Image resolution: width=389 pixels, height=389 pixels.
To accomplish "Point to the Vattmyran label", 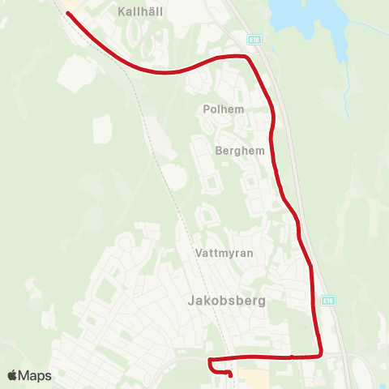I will point(224,253).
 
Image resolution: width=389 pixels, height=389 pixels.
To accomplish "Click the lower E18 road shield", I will point(327,301).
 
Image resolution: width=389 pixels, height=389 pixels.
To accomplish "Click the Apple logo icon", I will point(12,375).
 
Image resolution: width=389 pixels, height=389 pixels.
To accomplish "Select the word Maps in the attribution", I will point(35,375).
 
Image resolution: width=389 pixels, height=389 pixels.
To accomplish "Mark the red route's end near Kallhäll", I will point(68,14).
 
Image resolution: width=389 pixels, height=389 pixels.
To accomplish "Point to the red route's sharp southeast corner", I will point(321,353).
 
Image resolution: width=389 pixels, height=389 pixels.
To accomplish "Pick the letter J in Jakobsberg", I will point(190,301).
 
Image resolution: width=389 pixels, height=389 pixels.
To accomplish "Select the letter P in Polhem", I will point(207,108).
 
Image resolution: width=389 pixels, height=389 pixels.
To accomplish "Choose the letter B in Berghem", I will point(220,150).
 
